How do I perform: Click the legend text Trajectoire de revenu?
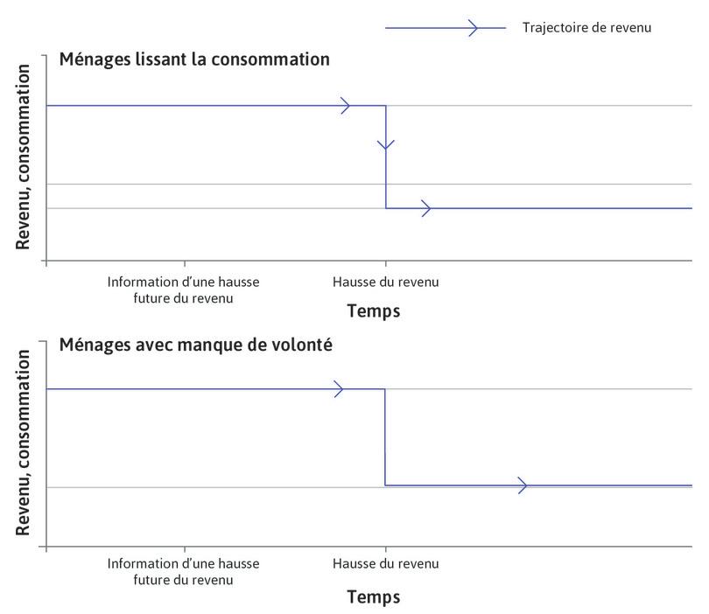click(586, 27)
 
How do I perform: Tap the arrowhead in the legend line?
click(474, 28)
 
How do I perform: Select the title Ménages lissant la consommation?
click(194, 59)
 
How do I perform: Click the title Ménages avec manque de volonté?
click(195, 345)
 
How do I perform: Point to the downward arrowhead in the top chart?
click(386, 144)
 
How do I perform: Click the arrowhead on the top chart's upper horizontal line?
click(345, 106)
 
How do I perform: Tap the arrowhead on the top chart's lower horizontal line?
click(425, 208)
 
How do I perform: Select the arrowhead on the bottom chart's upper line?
click(338, 388)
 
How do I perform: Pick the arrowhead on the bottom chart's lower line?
click(523, 485)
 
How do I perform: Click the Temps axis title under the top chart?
click(373, 311)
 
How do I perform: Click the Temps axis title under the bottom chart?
click(373, 597)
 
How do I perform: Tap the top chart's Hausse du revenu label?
click(385, 283)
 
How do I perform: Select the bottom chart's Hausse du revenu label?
click(385, 564)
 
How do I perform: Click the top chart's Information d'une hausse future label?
click(184, 290)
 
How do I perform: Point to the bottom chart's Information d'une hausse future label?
click(184, 572)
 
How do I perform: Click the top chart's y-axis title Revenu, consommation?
click(23, 157)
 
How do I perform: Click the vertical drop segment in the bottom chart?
click(385, 437)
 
